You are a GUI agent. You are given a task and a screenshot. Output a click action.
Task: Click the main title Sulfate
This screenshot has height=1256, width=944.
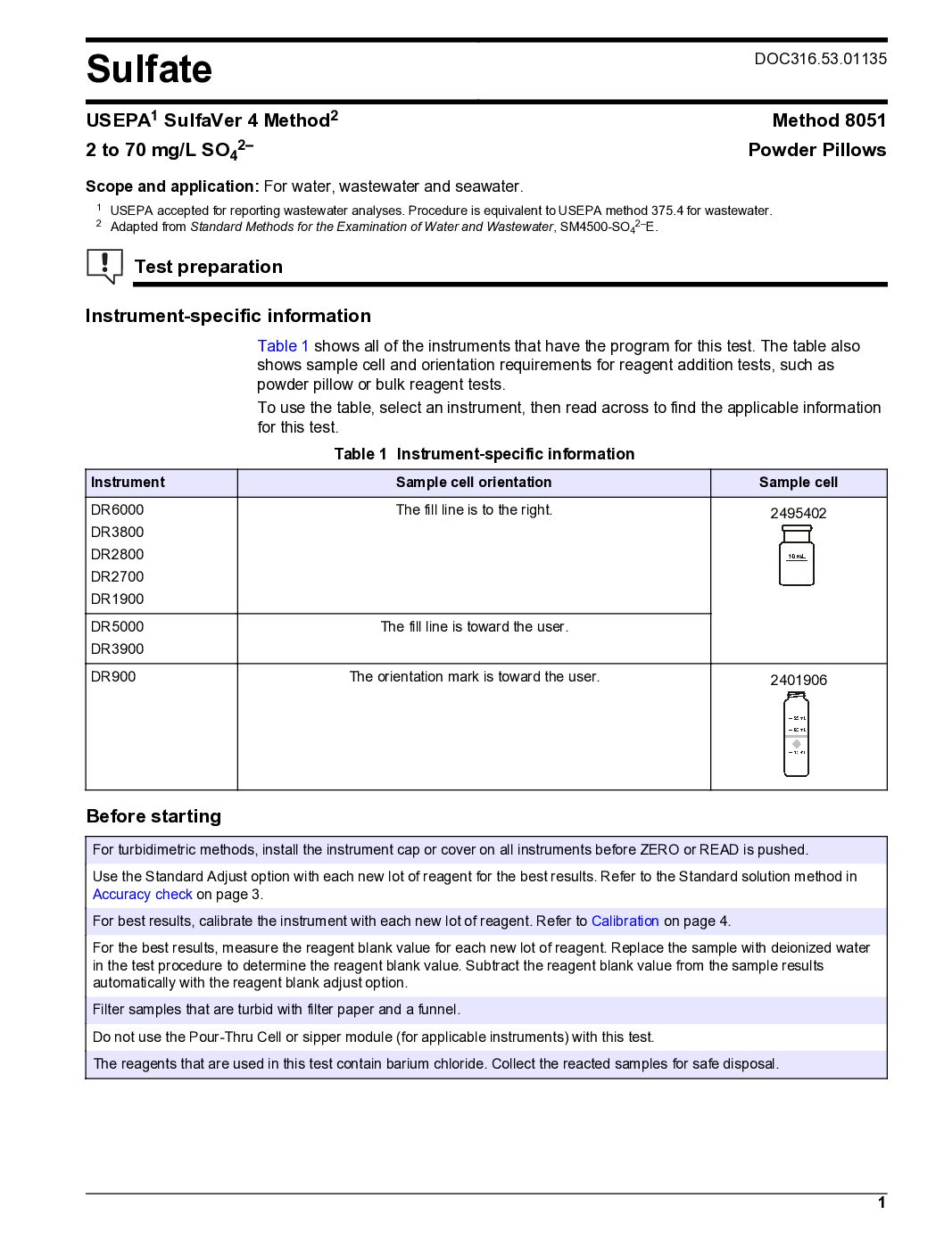[149, 70]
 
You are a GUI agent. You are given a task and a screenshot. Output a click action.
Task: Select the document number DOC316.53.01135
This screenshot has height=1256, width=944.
[820, 59]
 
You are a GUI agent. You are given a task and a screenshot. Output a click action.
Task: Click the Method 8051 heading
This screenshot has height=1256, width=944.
[829, 120]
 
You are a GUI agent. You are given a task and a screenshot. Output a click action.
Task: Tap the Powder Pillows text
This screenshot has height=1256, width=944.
[816, 150]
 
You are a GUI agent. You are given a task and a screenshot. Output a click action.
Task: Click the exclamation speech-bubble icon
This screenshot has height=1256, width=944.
[104, 266]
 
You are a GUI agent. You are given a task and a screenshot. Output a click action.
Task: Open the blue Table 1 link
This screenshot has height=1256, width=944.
[283, 346]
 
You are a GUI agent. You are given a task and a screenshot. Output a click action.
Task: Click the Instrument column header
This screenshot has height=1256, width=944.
[128, 483]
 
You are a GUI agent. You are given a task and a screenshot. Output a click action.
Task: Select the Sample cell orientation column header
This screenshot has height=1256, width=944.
[474, 483]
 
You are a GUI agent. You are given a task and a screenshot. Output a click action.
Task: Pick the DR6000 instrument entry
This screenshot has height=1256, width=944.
[117, 510]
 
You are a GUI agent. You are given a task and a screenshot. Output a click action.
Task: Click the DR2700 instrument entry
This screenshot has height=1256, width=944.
[117, 577]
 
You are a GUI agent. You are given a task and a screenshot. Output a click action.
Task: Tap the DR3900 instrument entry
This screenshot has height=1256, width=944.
[117, 649]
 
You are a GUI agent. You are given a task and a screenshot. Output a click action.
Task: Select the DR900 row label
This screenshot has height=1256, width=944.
[113, 677]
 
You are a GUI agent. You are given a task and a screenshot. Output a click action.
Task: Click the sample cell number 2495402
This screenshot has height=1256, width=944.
[798, 514]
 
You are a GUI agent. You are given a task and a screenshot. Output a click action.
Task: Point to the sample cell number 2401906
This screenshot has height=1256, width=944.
[798, 681]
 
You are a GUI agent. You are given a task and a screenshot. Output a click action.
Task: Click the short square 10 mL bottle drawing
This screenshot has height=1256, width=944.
[797, 556]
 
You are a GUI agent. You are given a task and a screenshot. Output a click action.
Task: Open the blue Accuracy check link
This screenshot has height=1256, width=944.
[143, 895]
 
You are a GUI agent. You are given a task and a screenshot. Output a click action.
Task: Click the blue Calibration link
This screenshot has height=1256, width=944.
[625, 921]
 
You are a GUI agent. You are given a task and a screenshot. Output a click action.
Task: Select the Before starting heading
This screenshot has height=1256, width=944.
[153, 816]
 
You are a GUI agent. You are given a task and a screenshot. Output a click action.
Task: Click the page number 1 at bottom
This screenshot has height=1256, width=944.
[881, 1202]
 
